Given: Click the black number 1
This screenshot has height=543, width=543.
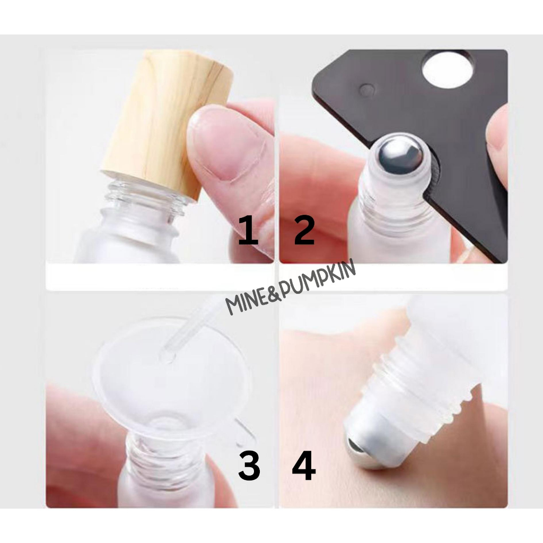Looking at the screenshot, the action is [x=248, y=230].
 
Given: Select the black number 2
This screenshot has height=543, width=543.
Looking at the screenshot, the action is [x=304, y=230].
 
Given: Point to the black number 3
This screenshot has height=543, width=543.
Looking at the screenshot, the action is [x=249, y=466].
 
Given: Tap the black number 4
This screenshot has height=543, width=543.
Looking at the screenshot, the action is [x=304, y=466].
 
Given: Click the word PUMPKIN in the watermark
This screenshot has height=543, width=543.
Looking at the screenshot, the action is [x=319, y=279].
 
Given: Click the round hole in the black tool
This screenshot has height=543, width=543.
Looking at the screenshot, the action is [x=448, y=69].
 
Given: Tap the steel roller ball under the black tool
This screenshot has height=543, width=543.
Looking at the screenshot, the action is [x=400, y=154].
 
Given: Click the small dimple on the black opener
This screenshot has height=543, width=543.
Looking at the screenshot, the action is [x=367, y=90].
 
